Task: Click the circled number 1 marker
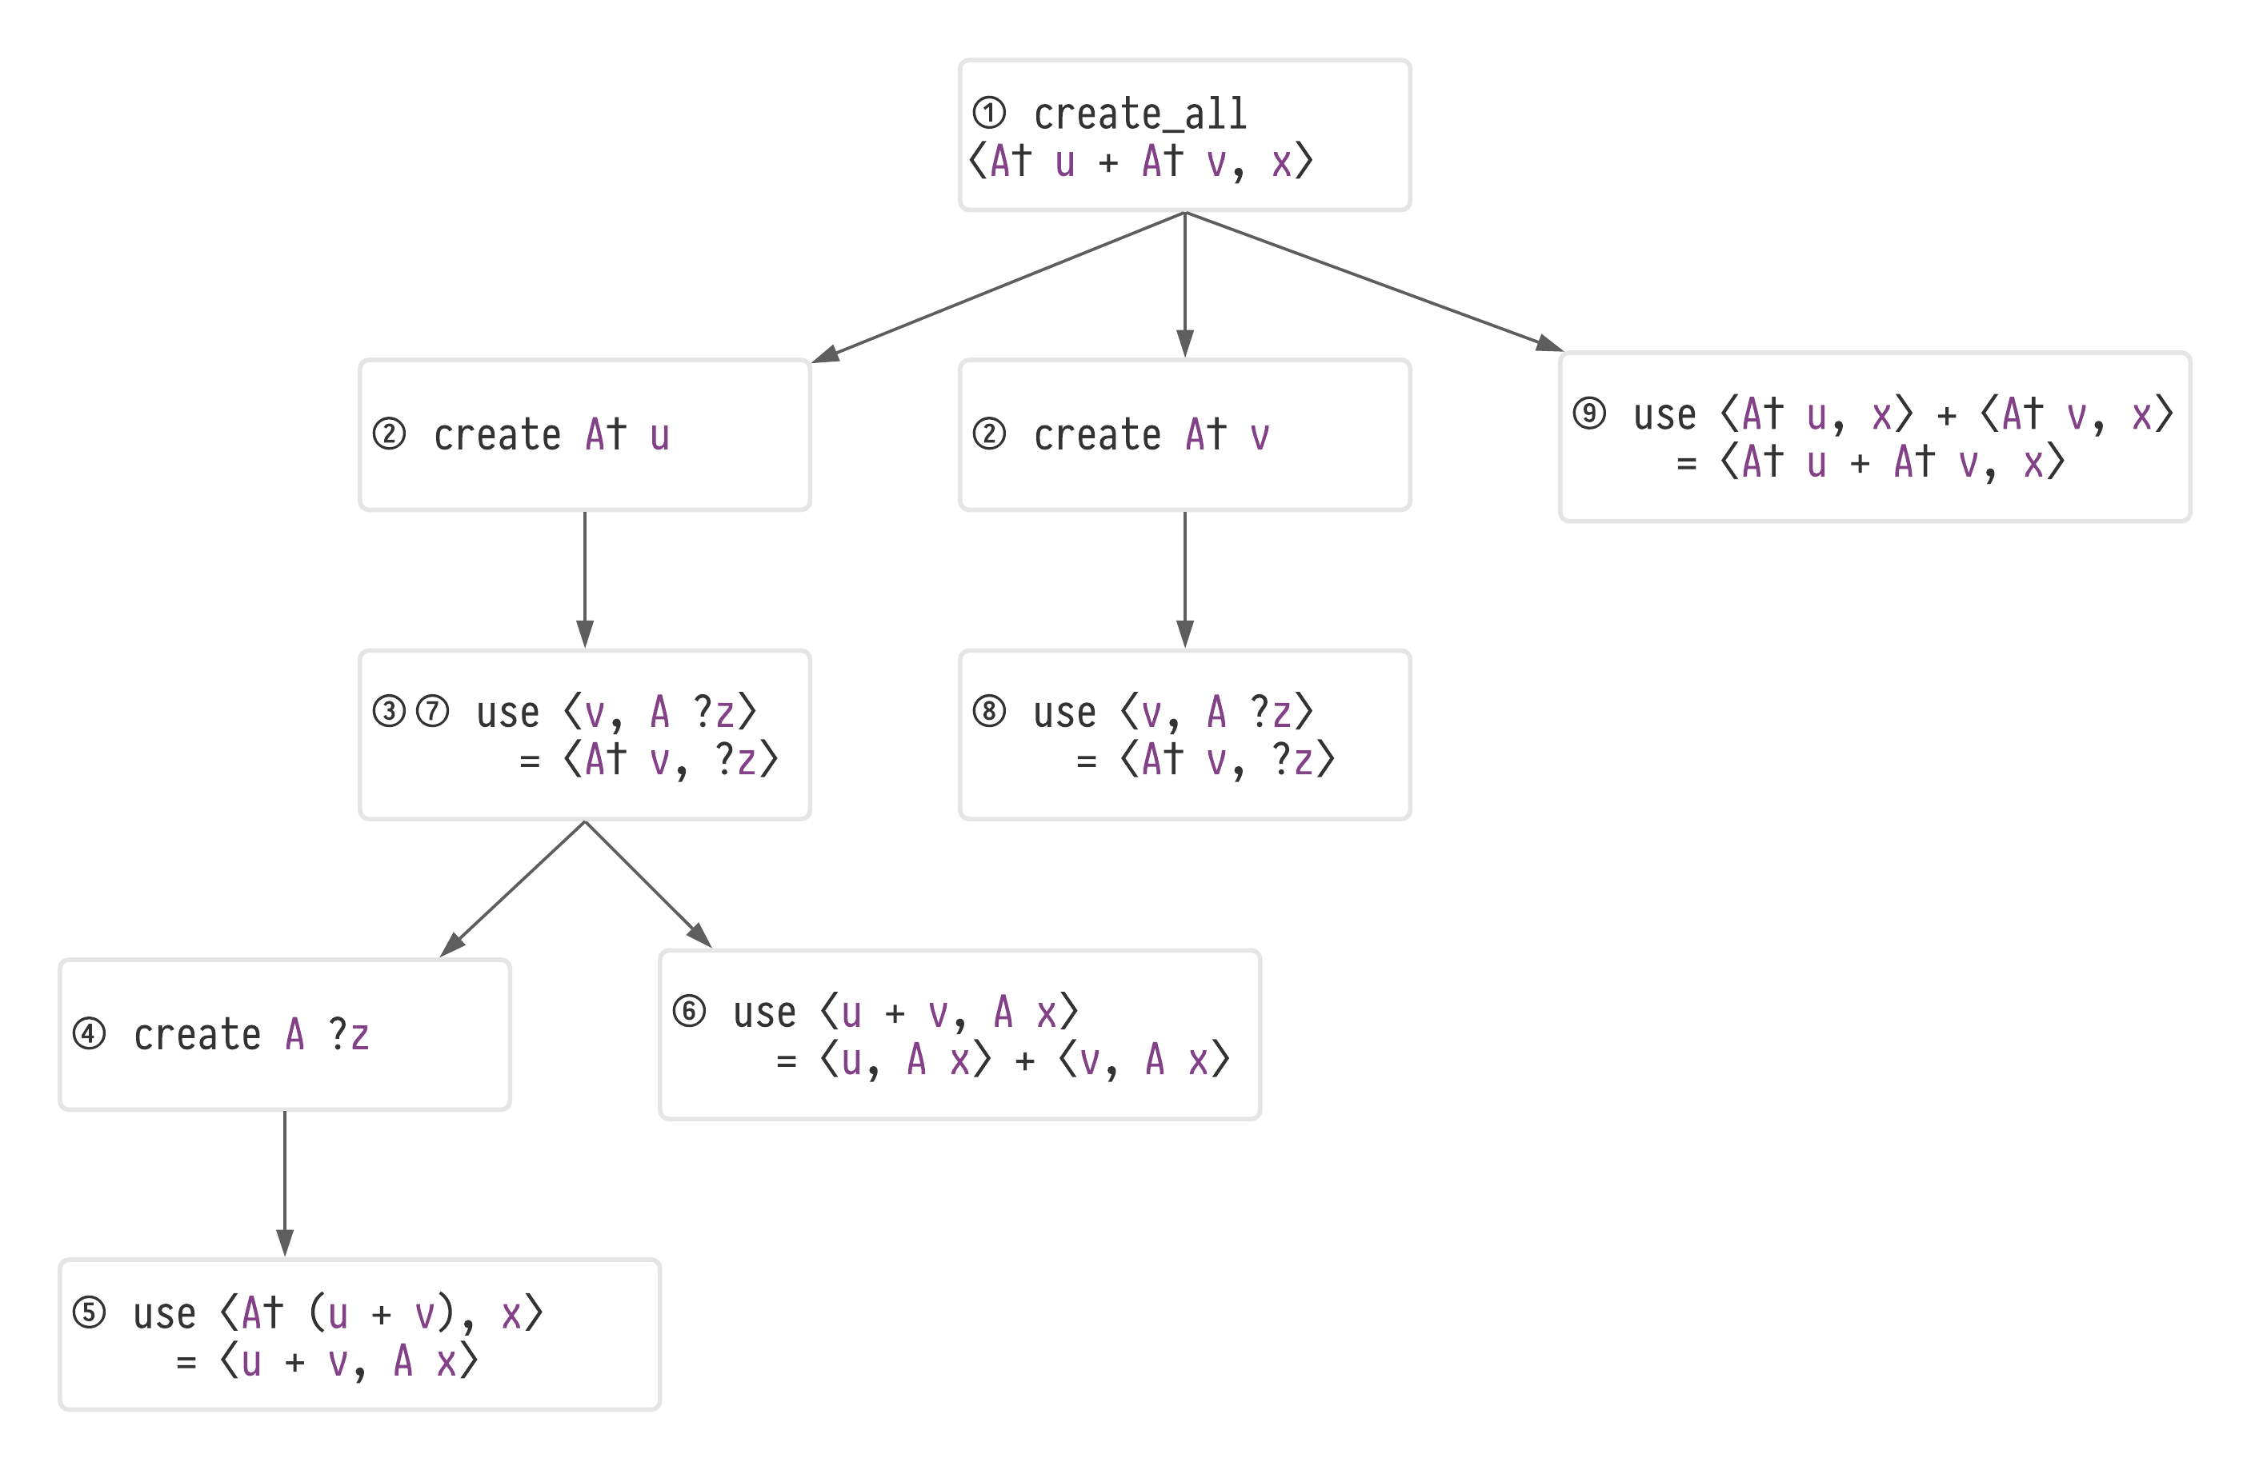click(989, 114)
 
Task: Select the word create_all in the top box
click(1140, 114)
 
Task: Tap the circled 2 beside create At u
click(389, 434)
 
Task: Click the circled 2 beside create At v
click(989, 434)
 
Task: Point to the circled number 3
click(389, 711)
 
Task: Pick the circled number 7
click(433, 711)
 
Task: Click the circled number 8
click(989, 711)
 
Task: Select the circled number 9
click(1590, 413)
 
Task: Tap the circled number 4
click(89, 1033)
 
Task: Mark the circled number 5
click(89, 1313)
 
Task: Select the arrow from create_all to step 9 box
click(1372, 281)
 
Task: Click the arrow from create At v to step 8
click(1185, 578)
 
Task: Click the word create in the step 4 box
click(197, 1034)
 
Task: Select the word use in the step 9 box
click(1664, 414)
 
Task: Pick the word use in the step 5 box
click(165, 1314)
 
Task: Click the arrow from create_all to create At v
click(1185, 284)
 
